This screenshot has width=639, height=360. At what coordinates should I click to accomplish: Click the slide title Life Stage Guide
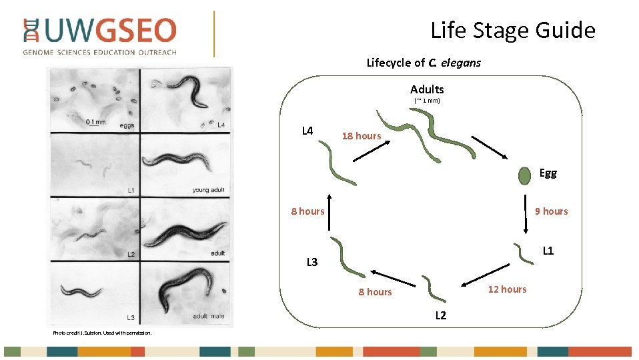[x=512, y=30]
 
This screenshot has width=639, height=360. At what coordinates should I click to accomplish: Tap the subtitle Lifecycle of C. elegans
[x=424, y=63]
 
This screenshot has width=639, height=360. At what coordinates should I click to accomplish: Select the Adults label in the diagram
[x=427, y=89]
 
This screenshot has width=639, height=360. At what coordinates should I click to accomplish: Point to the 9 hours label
[x=552, y=211]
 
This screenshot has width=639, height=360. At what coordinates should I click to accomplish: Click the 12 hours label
[x=507, y=289]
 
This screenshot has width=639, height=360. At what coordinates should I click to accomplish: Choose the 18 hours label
[x=361, y=136]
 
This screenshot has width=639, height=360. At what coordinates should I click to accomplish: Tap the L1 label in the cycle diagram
[x=548, y=251]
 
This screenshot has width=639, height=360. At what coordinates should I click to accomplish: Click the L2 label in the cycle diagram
[x=441, y=315]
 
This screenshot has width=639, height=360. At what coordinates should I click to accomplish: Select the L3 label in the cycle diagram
[x=312, y=262]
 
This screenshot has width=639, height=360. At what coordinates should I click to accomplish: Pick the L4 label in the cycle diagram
[x=307, y=131]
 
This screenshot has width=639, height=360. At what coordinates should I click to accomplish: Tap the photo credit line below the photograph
[x=103, y=332]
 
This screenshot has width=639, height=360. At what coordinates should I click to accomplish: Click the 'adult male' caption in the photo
[x=208, y=316]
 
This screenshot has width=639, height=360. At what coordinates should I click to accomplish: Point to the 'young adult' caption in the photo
[x=208, y=190]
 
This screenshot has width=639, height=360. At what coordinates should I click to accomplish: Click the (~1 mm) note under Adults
[x=427, y=101]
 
